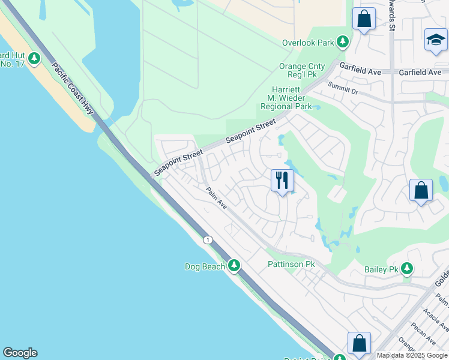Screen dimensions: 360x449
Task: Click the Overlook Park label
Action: pyautogui.click(x=309, y=43)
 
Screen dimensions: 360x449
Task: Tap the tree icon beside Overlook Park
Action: pyautogui.click(x=343, y=42)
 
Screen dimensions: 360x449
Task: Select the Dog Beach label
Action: pyautogui.click(x=205, y=266)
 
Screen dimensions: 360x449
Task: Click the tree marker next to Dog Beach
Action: pyautogui.click(x=234, y=265)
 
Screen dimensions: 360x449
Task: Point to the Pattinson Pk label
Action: pyautogui.click(x=291, y=264)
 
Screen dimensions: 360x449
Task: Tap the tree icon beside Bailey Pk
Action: pyautogui.click(x=408, y=268)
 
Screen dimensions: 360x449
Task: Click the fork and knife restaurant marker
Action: pyautogui.click(x=282, y=180)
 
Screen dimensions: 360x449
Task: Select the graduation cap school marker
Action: pyautogui.click(x=436, y=40)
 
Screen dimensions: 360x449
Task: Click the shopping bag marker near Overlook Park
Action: pyautogui.click(x=364, y=19)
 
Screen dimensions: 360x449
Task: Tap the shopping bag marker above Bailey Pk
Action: pyautogui.click(x=421, y=190)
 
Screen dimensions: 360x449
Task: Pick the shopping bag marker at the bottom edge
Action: pyautogui.click(x=359, y=344)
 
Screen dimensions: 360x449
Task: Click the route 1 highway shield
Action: pyautogui.click(x=208, y=240)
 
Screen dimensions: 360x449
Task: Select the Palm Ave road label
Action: pyautogui.click(x=216, y=198)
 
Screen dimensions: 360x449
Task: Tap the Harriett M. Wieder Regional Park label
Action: pyautogui.click(x=286, y=98)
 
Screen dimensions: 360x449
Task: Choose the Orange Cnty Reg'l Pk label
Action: pyautogui.click(x=303, y=70)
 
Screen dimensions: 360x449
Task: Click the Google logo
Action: pyautogui.click(x=20, y=353)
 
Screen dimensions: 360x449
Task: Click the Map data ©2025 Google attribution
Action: pyautogui.click(x=412, y=355)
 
